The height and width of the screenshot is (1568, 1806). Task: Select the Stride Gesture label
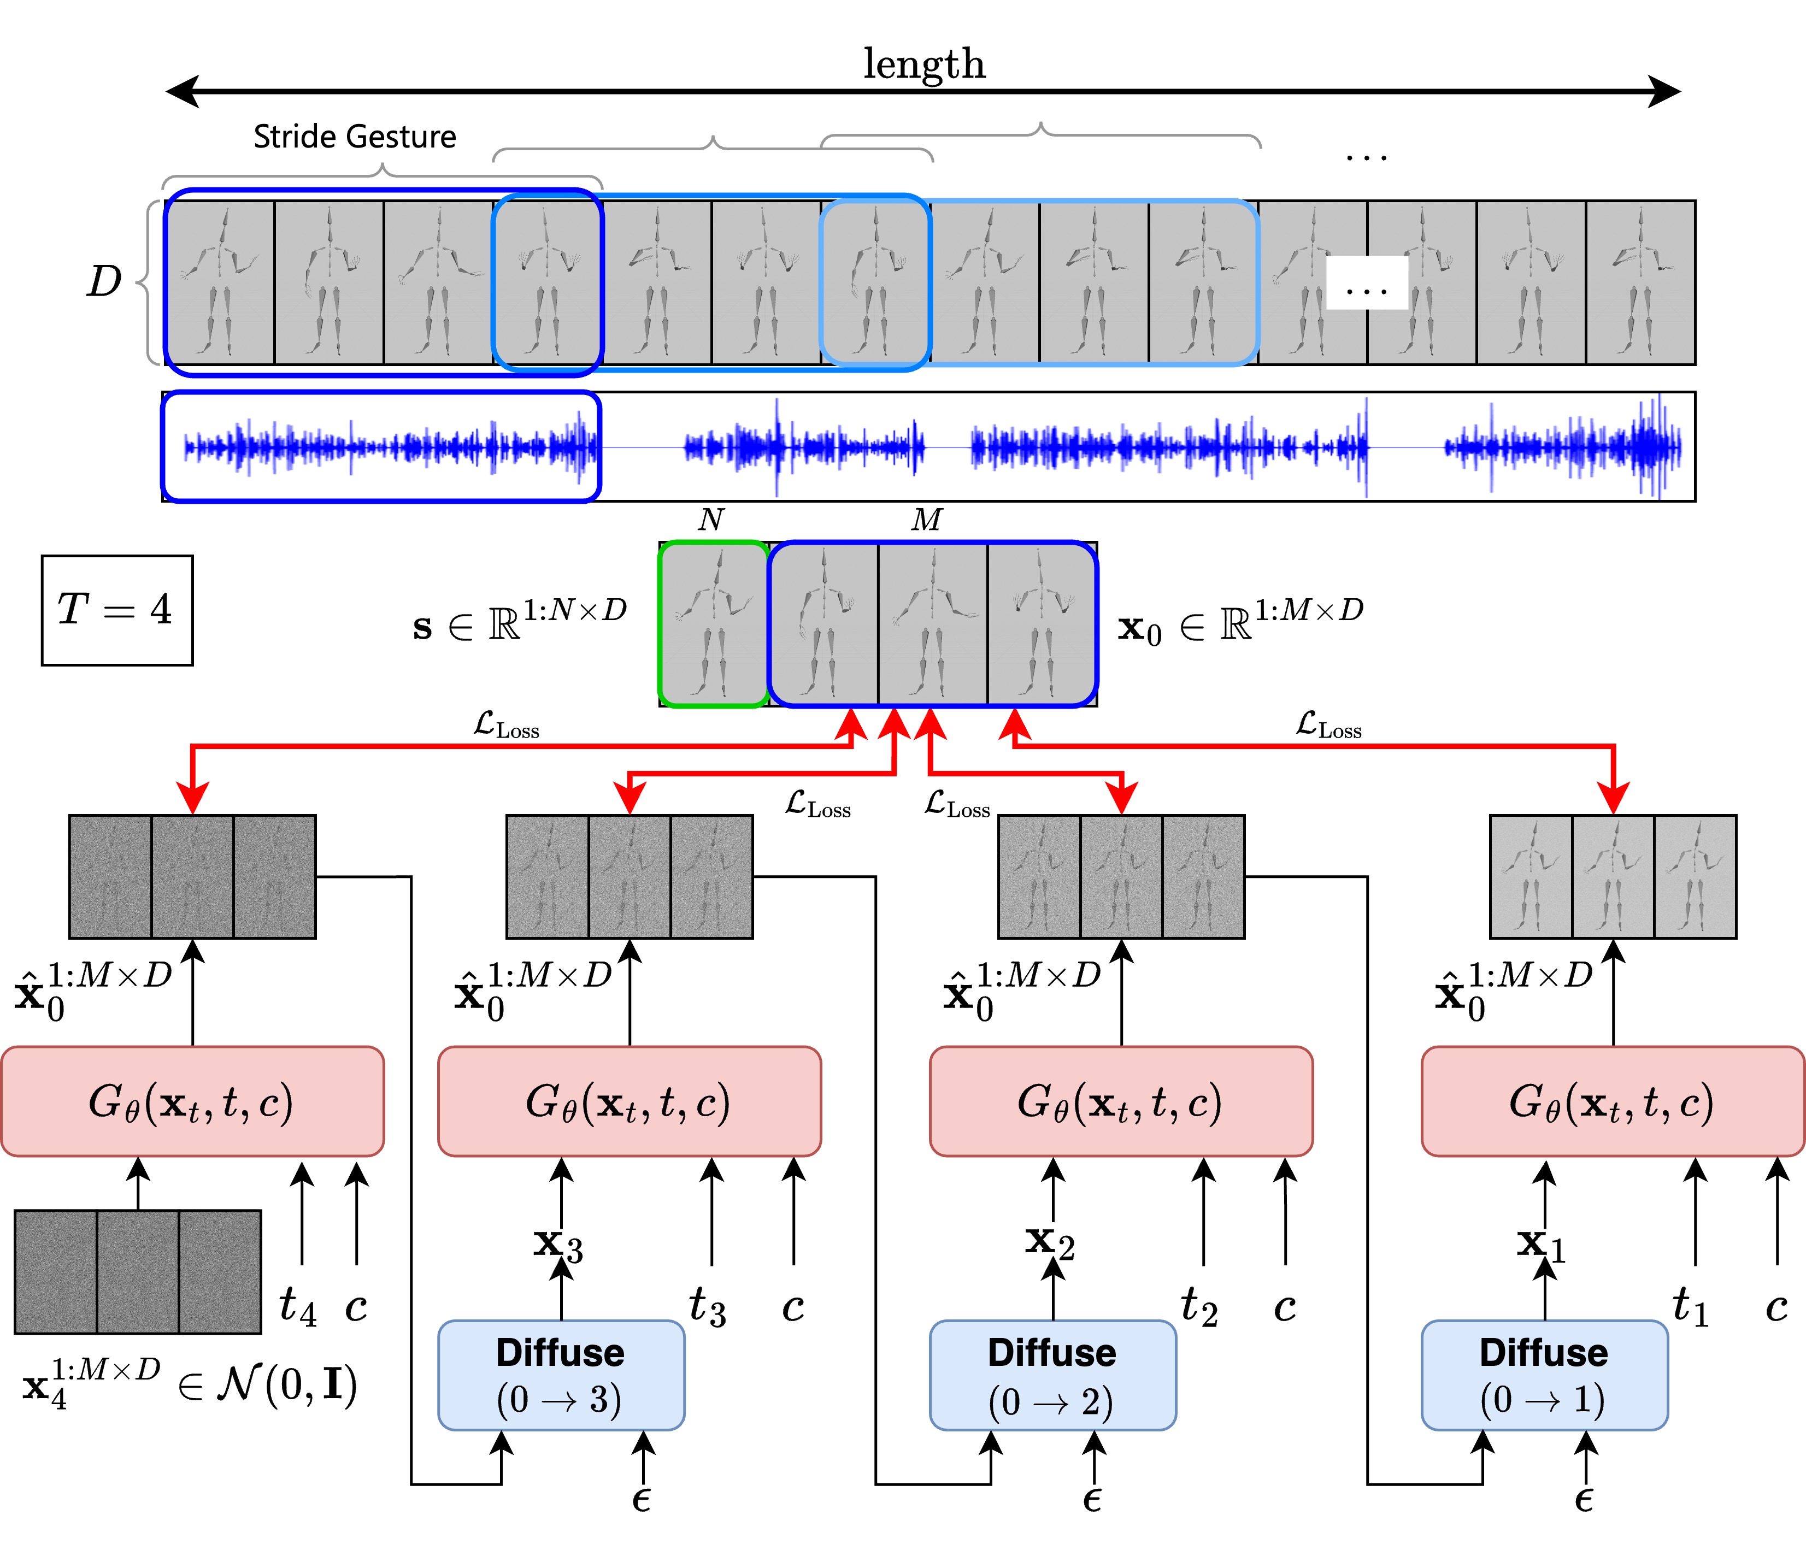[x=355, y=137]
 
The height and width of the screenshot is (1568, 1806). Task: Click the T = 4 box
[x=117, y=610]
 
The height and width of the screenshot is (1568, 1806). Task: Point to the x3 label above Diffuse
[x=558, y=1243]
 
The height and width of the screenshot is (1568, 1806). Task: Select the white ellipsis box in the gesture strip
[x=1367, y=282]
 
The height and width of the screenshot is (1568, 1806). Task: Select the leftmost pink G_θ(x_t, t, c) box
[x=192, y=1101]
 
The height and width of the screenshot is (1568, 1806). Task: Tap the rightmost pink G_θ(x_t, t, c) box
[x=1612, y=1101]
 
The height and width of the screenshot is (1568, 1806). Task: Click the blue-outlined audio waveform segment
[x=381, y=447]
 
